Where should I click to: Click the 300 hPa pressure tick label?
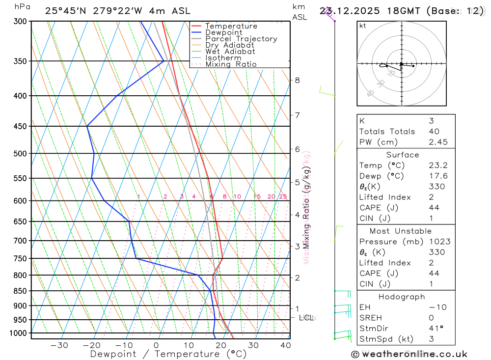(20, 21)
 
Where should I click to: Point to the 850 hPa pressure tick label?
(20, 291)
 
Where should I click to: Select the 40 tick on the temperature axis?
(285, 345)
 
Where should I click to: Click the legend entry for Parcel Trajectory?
(241, 39)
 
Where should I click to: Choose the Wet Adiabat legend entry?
(230, 52)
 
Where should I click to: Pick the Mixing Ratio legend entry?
(231, 64)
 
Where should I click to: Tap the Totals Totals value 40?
(434, 131)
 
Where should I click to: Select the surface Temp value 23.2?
(437, 166)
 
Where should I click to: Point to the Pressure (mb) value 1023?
(437, 242)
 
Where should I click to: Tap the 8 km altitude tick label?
(298, 80)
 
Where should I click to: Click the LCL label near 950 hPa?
(306, 318)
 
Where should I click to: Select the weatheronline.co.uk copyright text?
(409, 354)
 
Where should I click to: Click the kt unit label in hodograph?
(363, 26)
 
